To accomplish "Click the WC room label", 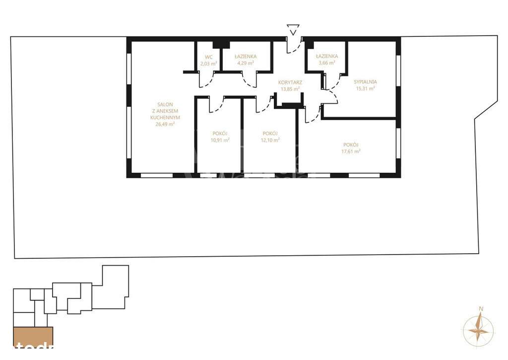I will (x=203, y=57).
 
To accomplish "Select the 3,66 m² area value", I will (x=327, y=64).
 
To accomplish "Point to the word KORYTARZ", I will (x=290, y=82).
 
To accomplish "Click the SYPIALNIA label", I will (x=365, y=81).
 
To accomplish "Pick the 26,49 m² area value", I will (x=165, y=124).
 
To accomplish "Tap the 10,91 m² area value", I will (x=220, y=140).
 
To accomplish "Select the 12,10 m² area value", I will (x=270, y=140).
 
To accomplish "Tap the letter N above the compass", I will (x=480, y=309).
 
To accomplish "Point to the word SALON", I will (x=165, y=104).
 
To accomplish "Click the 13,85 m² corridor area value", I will (x=290, y=89).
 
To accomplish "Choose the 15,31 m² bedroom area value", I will (x=365, y=88).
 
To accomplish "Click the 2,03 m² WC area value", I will (x=208, y=64).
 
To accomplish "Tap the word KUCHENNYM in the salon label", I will (x=165, y=117).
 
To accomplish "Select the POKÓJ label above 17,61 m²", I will (x=351, y=144).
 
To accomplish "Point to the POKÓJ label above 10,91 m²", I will (x=220, y=133).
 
